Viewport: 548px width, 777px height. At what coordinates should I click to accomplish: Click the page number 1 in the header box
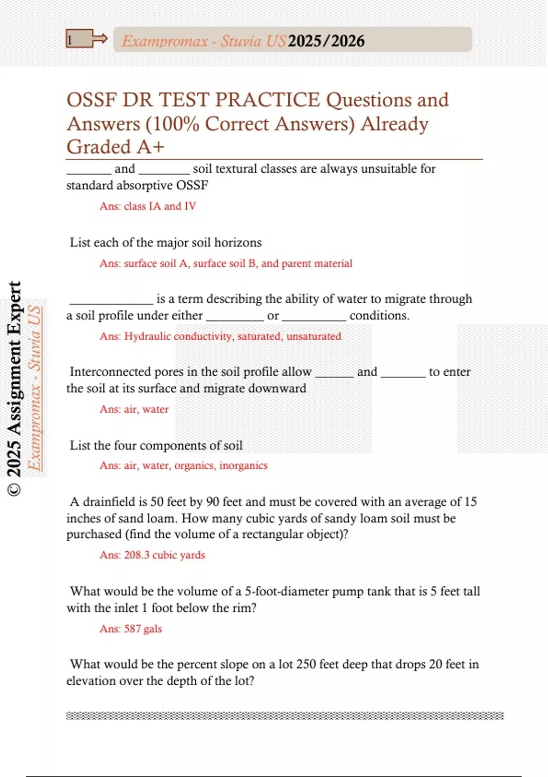pos(70,40)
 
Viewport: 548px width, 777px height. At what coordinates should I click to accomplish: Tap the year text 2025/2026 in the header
pos(326,41)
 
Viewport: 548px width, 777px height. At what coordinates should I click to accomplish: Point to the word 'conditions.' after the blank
pos(379,315)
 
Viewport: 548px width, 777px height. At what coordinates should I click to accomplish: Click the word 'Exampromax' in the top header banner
pos(165,41)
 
